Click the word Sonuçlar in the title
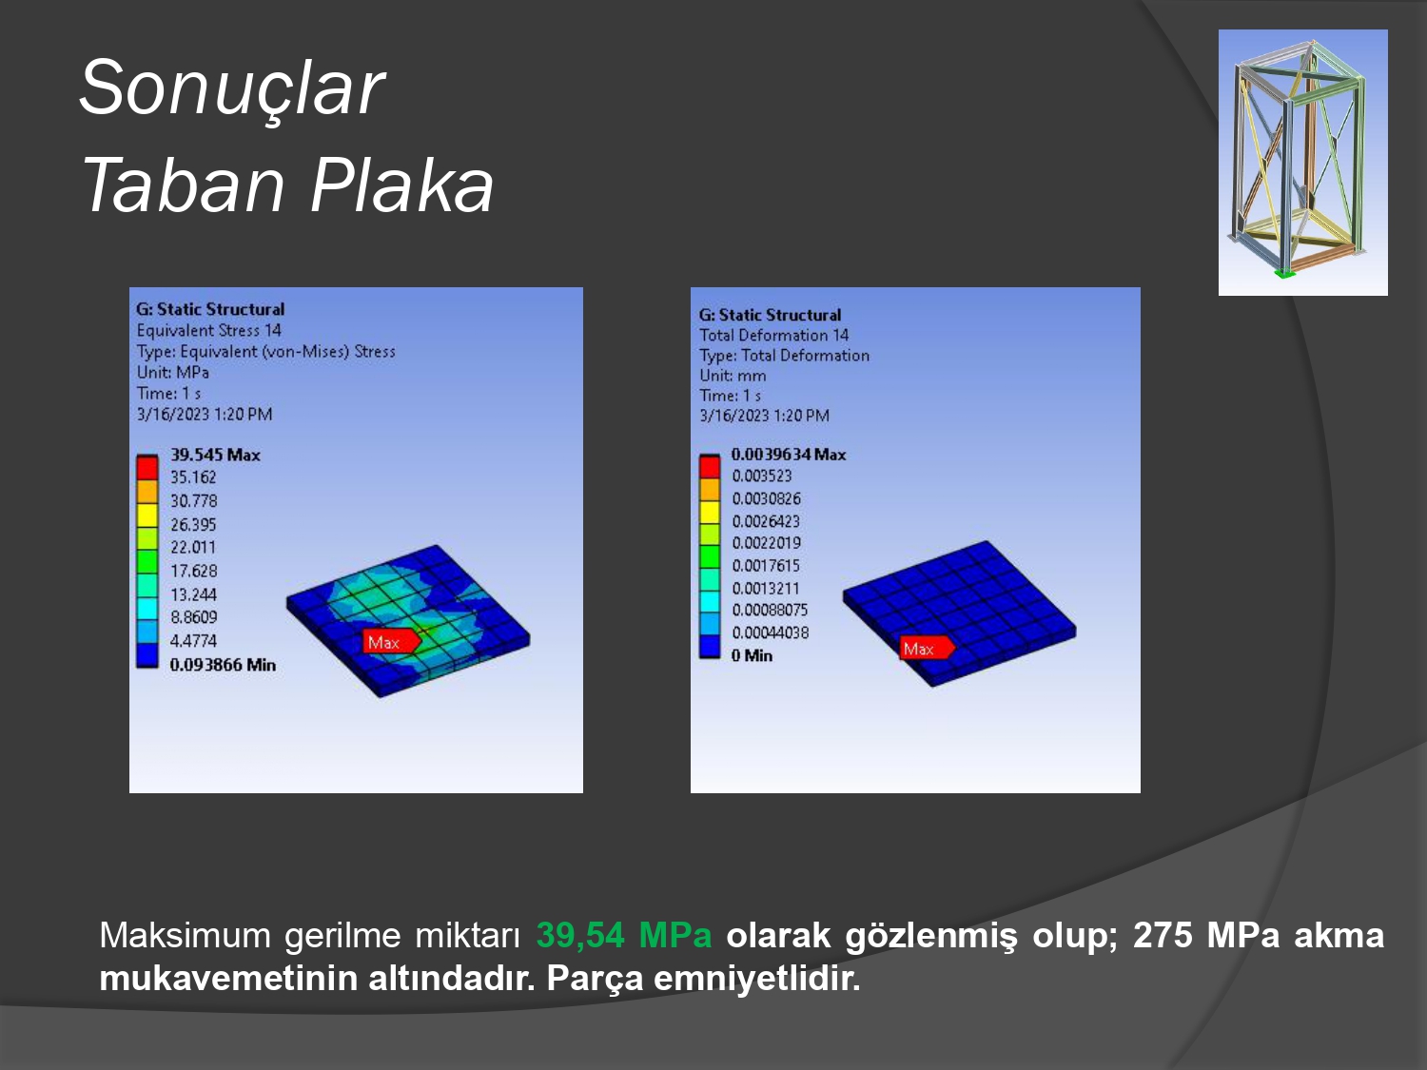[232, 88]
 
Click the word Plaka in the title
[401, 185]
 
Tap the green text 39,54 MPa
[623, 936]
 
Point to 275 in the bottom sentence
[1163, 936]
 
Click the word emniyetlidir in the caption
[756, 979]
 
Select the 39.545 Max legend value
[215, 455]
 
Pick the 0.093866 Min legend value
[223, 665]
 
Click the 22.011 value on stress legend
[193, 547]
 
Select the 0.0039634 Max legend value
[789, 454]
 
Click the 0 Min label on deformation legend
[752, 655]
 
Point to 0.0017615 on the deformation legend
[766, 565]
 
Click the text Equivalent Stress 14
[208, 331]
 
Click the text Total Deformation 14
[773, 335]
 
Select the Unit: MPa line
[173, 372]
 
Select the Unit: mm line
[733, 376]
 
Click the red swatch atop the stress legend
[147, 467]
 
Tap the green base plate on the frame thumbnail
[1284, 273]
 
